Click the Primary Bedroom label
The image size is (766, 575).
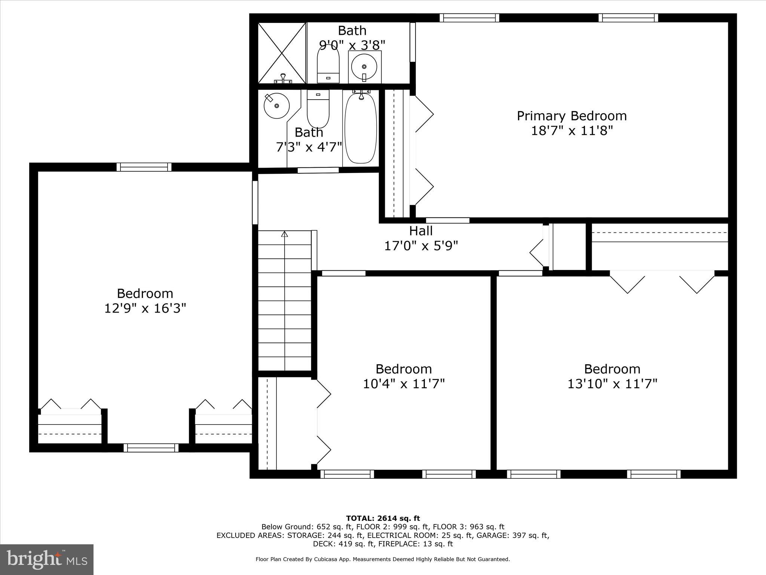coord(572,116)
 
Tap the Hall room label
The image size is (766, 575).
coord(421,231)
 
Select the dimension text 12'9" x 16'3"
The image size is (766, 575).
coord(145,308)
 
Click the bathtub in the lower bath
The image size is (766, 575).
coord(361,128)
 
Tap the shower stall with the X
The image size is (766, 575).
coord(282,53)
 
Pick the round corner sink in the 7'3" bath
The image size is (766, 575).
coord(276,106)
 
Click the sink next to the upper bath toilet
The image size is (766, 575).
coord(364,67)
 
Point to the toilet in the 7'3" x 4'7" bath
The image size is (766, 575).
coord(318,109)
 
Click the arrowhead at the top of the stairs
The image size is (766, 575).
coord(285,234)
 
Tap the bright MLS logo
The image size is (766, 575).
coord(47,559)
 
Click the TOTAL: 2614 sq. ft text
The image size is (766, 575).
coord(383,518)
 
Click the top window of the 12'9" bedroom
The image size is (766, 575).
coord(144,167)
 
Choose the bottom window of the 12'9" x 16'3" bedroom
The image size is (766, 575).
coord(151,448)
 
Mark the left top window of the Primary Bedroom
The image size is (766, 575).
coord(469,18)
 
